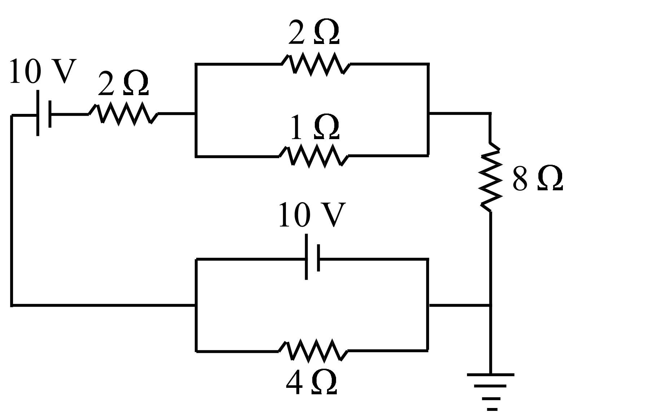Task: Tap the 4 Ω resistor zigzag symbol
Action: click(x=313, y=350)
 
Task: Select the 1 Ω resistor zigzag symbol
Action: click(x=314, y=156)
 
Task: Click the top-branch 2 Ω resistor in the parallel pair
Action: click(x=316, y=64)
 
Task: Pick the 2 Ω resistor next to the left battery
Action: click(x=123, y=114)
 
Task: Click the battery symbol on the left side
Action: click(x=44, y=114)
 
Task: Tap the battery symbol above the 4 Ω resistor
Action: click(x=312, y=258)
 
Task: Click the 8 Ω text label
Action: click(x=537, y=179)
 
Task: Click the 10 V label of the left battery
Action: click(x=43, y=72)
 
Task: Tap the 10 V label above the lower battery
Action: click(x=312, y=215)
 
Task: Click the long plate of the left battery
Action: click(x=38, y=114)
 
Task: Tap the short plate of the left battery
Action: click(x=50, y=114)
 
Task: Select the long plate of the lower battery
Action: click(x=306, y=257)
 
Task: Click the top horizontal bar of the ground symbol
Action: click(x=491, y=375)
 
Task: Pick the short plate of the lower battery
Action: click(x=318, y=258)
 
